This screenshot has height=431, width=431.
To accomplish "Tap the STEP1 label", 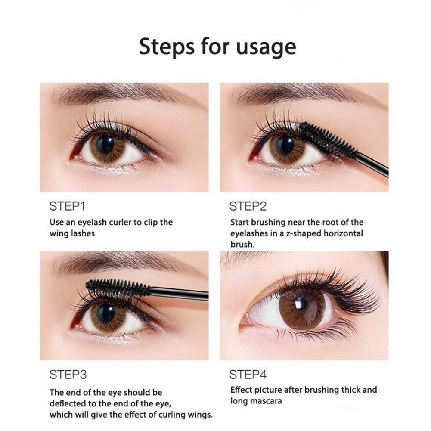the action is [x=67, y=206].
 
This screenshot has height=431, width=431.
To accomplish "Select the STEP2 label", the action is [x=248, y=206].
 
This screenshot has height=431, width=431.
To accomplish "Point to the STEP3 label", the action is [x=68, y=374].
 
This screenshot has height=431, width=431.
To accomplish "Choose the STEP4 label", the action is [x=248, y=374].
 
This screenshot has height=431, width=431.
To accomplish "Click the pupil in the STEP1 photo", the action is [x=105, y=144].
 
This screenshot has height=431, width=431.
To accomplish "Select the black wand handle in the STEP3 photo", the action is [x=179, y=294].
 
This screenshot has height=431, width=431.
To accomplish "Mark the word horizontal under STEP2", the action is [x=344, y=233].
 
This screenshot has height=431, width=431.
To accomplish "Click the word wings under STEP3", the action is [x=200, y=415].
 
